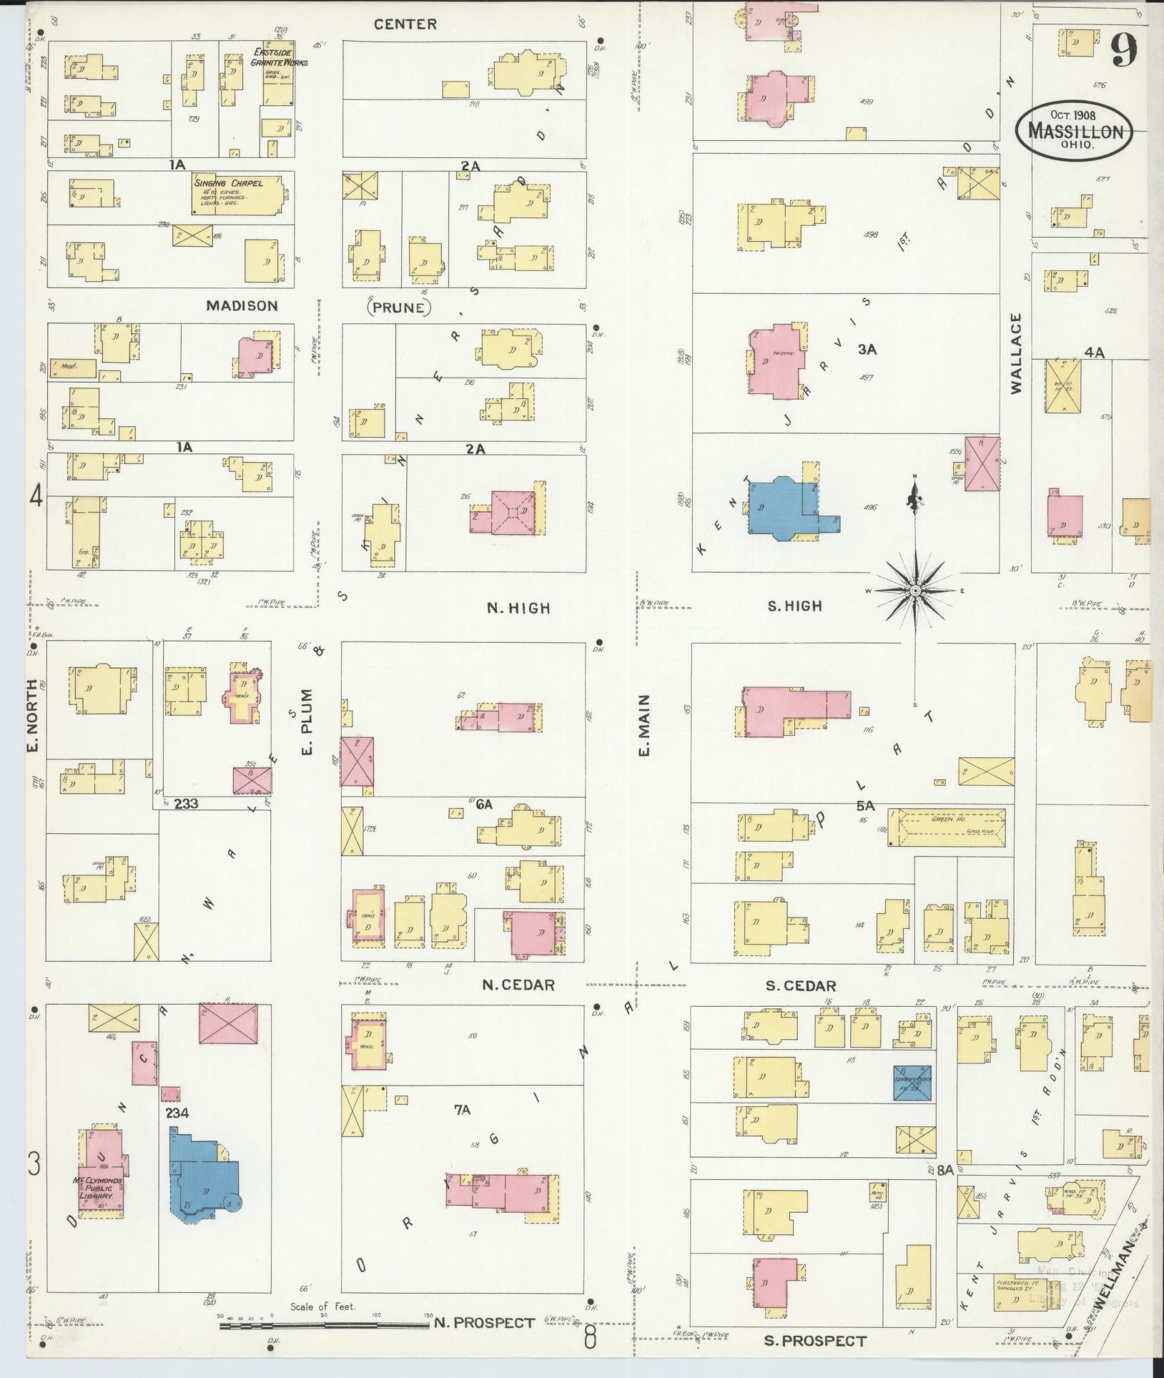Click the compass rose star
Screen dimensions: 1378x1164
coord(914,591)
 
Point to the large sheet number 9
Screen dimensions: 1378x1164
coord(1125,52)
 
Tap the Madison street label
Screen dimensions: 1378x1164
coord(242,306)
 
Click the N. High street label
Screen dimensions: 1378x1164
coord(518,609)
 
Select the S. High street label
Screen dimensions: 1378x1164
coord(794,606)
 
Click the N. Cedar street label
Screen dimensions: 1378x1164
coord(518,985)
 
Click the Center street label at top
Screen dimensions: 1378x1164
coord(405,24)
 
